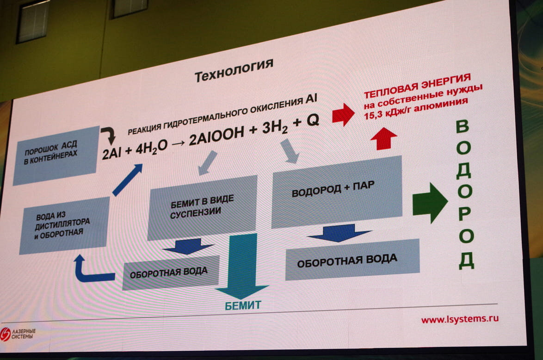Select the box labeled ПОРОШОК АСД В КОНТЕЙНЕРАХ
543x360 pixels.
56,155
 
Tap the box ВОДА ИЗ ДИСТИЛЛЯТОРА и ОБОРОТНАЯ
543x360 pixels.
64,225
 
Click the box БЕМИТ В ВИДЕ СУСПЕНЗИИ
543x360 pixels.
202,207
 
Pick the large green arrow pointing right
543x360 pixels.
430,203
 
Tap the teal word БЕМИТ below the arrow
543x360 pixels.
243,305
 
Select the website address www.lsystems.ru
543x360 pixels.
459,319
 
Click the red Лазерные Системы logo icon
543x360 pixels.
6,334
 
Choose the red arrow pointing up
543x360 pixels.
383,138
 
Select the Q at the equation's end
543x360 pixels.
313,120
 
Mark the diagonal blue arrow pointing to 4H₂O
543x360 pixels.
127,180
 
